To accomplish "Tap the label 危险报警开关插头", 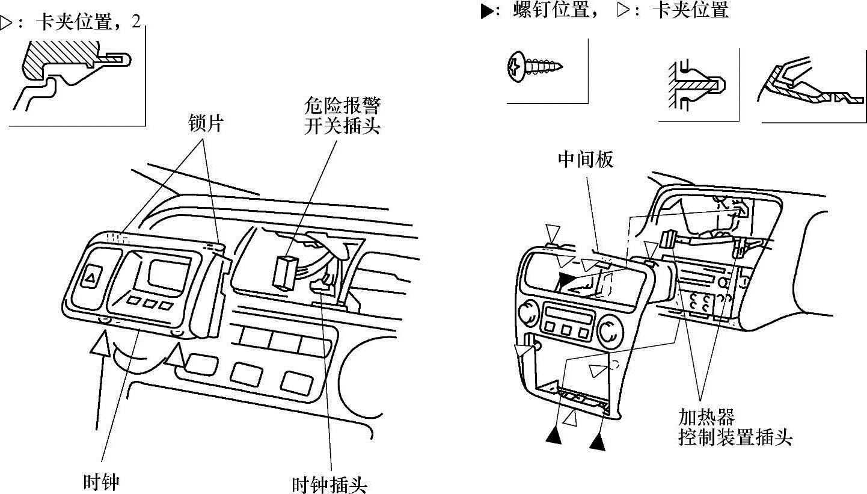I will pyautogui.click(x=342, y=117).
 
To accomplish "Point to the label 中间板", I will pyautogui.click(x=586, y=159).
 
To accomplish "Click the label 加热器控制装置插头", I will pyautogui.click(x=735, y=427).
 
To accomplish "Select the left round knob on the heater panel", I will pyautogui.click(x=529, y=313).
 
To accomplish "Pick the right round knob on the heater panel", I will pyautogui.click(x=611, y=330).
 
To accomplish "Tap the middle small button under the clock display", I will pyautogui.click(x=149, y=303).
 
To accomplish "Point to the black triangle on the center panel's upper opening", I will pyautogui.click(x=566, y=279).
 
